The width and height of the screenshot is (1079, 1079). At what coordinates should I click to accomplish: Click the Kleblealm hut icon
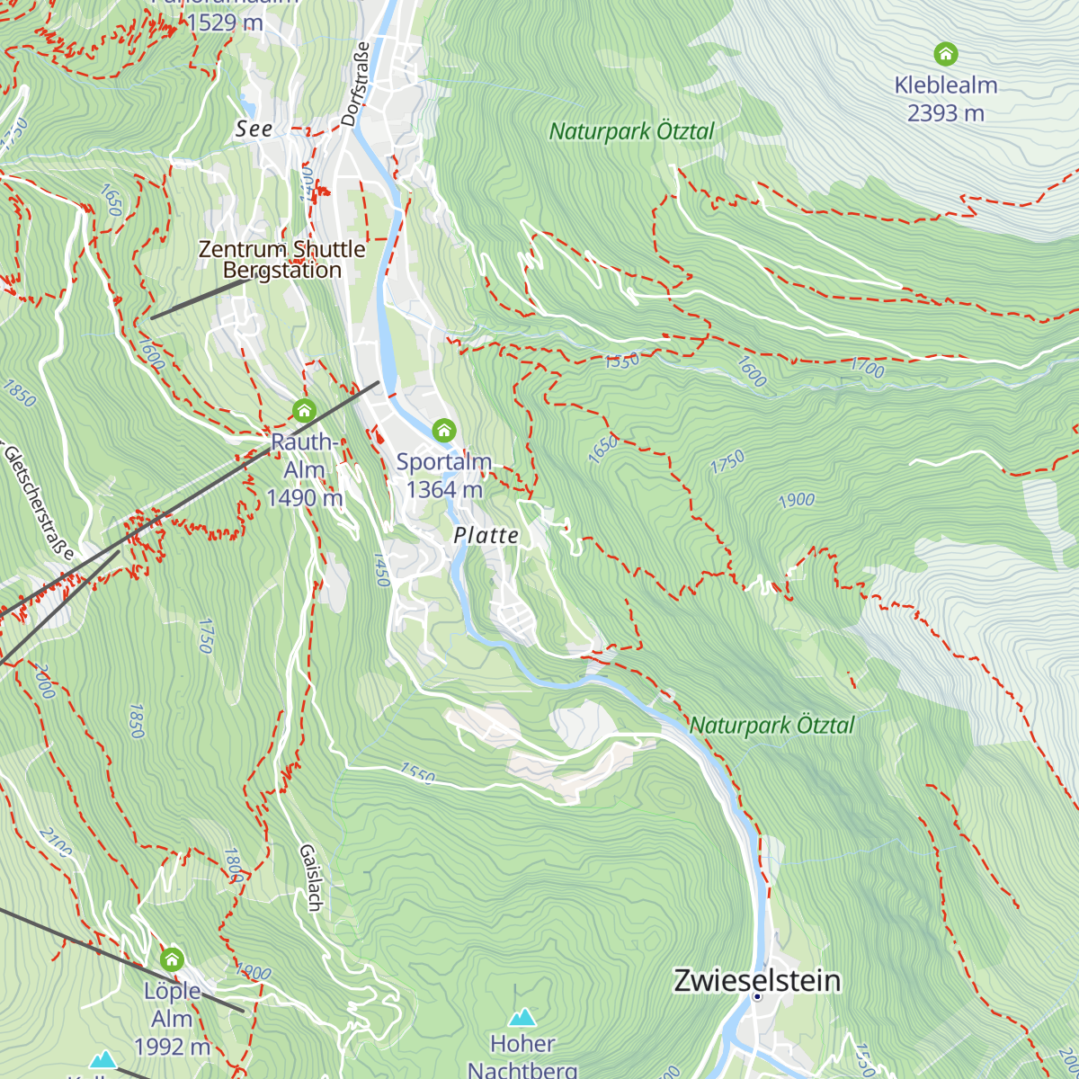(x=945, y=54)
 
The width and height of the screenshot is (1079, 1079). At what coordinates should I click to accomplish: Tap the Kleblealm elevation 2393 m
(x=945, y=113)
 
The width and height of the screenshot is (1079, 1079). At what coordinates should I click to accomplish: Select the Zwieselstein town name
(x=757, y=980)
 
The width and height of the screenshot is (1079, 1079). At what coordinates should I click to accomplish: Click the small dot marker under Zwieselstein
(x=757, y=996)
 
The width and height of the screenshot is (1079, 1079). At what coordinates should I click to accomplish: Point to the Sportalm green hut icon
(x=444, y=430)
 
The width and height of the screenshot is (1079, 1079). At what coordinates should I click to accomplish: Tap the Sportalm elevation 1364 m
(x=444, y=489)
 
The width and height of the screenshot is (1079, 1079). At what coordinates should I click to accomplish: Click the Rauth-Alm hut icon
(x=304, y=411)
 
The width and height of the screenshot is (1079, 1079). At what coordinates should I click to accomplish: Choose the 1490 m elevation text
(x=304, y=497)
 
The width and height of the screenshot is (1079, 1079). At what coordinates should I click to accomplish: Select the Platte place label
(x=486, y=536)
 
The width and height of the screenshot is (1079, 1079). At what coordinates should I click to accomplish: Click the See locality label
(x=254, y=129)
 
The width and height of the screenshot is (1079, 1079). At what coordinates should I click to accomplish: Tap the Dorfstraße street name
(x=356, y=84)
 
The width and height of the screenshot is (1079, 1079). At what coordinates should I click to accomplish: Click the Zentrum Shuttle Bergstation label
(x=281, y=259)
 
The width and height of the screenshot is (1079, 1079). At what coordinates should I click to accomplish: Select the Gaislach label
(x=310, y=877)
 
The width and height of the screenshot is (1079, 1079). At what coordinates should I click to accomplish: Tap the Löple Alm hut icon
(x=172, y=959)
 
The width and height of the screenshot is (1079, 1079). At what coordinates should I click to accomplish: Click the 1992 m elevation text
(x=172, y=1046)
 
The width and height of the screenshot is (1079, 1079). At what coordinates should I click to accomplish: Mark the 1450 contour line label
(x=381, y=569)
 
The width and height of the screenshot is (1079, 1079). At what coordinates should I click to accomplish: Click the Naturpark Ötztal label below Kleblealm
(x=631, y=132)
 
